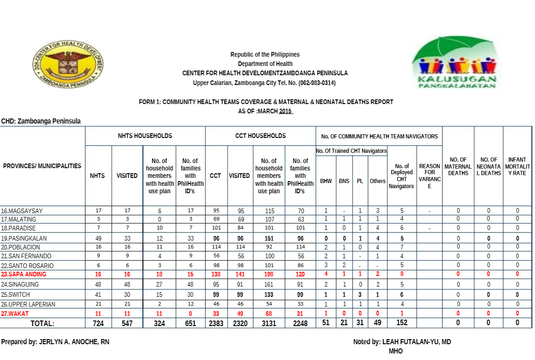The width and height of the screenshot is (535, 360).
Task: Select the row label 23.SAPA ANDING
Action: click(x=24, y=275)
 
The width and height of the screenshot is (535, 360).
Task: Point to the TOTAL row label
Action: click(x=42, y=323)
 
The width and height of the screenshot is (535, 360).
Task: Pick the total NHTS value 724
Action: click(x=98, y=323)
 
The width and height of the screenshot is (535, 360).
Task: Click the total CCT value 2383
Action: click(x=216, y=323)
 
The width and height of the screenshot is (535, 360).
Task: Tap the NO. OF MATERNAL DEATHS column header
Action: click(x=458, y=166)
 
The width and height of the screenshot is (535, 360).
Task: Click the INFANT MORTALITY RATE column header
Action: click(x=517, y=166)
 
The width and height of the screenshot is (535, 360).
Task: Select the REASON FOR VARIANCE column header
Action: click(x=430, y=176)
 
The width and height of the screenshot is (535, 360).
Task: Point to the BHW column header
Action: click(x=326, y=181)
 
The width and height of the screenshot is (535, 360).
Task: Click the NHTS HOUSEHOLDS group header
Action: click(x=145, y=136)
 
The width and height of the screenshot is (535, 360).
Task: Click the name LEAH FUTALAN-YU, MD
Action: click(x=417, y=342)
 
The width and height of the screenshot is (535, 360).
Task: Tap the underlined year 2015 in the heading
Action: click(x=285, y=111)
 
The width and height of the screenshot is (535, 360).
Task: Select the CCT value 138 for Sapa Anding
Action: click(x=216, y=275)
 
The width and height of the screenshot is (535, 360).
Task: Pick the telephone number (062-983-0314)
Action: click(x=310, y=83)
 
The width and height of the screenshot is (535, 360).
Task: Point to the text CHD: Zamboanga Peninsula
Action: click(x=41, y=121)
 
